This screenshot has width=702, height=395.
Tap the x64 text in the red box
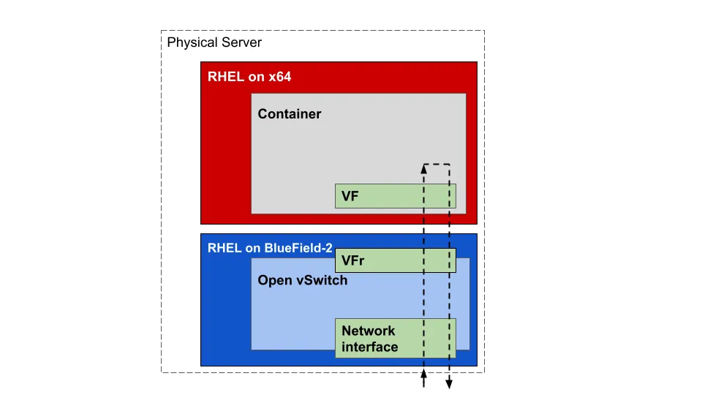pos(278,76)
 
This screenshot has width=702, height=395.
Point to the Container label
pos(290,114)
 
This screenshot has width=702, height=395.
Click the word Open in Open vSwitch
pos(273,280)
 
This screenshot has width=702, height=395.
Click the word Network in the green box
pos(368,331)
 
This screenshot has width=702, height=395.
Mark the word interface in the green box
pos(370,347)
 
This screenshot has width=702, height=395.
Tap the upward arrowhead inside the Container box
pos(424,168)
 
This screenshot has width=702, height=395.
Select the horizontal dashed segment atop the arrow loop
pos(437,164)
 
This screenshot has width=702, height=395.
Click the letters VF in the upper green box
pos(350,196)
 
